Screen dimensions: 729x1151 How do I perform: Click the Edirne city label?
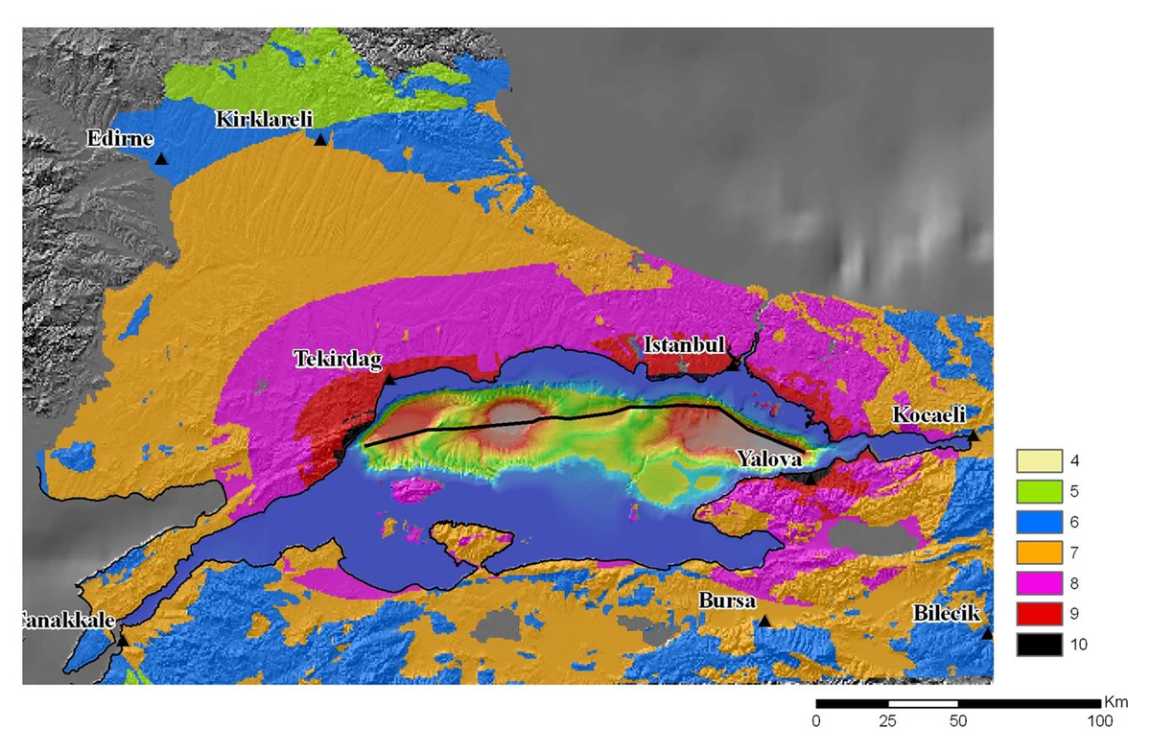click(120, 138)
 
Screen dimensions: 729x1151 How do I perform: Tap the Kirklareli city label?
click(265, 119)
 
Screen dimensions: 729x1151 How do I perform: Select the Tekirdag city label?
click(337, 359)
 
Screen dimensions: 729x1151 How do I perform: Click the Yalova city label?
click(770, 459)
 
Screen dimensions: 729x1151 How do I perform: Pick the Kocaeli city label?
click(928, 414)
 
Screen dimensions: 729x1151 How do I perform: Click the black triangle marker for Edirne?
click(161, 159)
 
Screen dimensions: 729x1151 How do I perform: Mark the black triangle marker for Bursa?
click(764, 622)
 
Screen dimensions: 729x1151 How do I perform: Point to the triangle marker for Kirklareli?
click(320, 140)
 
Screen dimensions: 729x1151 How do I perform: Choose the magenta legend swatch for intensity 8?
click(1039, 582)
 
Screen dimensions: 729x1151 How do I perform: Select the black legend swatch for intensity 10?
click(1039, 644)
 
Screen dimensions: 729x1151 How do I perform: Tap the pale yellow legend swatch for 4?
click(1039, 460)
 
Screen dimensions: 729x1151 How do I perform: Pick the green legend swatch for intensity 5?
click(1039, 491)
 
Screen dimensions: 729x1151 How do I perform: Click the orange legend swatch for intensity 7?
click(1039, 552)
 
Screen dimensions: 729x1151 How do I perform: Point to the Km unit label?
click(1113, 701)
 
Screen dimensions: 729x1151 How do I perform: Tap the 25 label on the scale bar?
click(887, 719)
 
